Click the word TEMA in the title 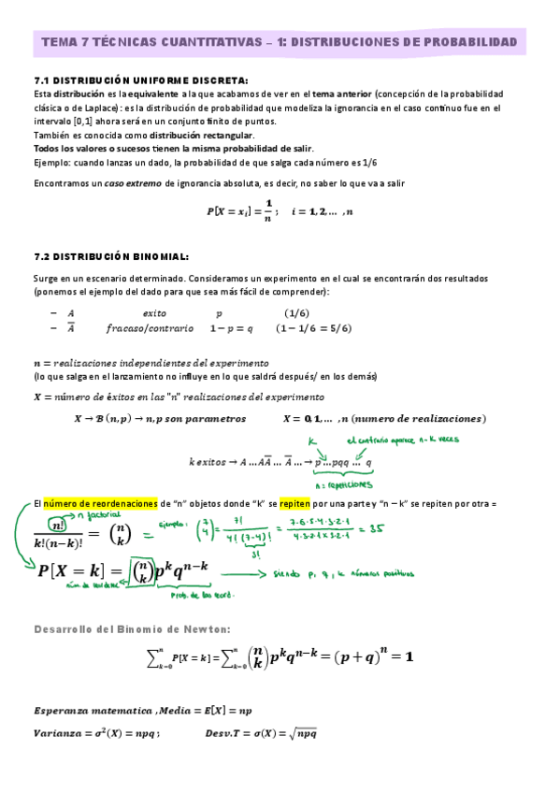57,43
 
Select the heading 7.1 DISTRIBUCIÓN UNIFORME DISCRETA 140,80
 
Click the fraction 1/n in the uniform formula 267,213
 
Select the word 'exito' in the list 153,313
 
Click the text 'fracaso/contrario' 150,328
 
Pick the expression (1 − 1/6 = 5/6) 314,328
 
